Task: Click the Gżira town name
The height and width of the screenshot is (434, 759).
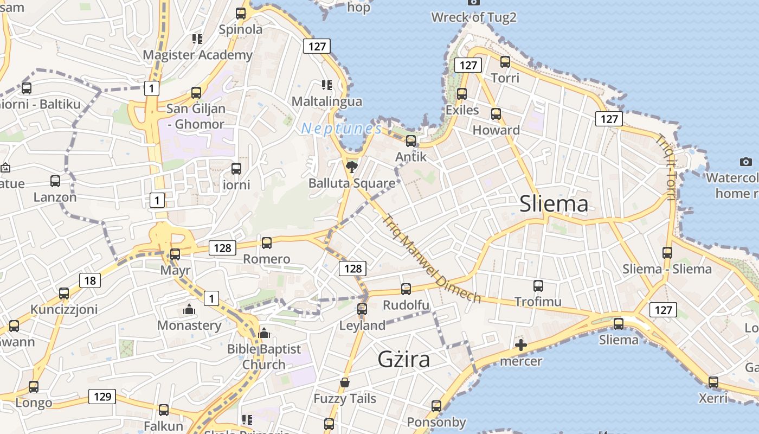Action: point(404,359)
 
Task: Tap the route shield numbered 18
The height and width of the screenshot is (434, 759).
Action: point(90,280)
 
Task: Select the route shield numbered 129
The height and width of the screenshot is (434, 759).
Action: point(102,397)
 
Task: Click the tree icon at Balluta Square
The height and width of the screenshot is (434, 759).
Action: point(352,167)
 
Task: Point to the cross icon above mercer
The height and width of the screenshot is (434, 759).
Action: point(520,345)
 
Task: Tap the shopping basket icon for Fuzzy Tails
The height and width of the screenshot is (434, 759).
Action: point(345,383)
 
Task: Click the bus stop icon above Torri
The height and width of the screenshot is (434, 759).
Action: point(505,62)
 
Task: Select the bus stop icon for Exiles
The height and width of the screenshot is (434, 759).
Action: point(462,94)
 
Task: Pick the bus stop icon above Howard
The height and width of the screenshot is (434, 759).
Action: point(496,114)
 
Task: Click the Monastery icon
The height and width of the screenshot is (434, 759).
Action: point(189,310)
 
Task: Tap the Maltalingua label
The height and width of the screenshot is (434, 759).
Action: point(327,101)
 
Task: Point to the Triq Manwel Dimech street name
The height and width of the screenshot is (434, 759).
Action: point(432,259)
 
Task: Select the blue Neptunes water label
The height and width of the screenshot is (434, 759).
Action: point(342,129)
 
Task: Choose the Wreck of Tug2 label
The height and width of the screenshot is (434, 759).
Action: point(474,17)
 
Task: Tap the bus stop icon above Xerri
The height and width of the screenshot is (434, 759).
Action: point(713,382)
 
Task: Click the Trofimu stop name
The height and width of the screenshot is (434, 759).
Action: point(538,302)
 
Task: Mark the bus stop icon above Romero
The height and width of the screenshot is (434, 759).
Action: point(267,243)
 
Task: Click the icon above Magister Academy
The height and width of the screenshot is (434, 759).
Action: point(197,39)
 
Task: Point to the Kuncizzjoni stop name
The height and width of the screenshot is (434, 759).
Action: point(64,309)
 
